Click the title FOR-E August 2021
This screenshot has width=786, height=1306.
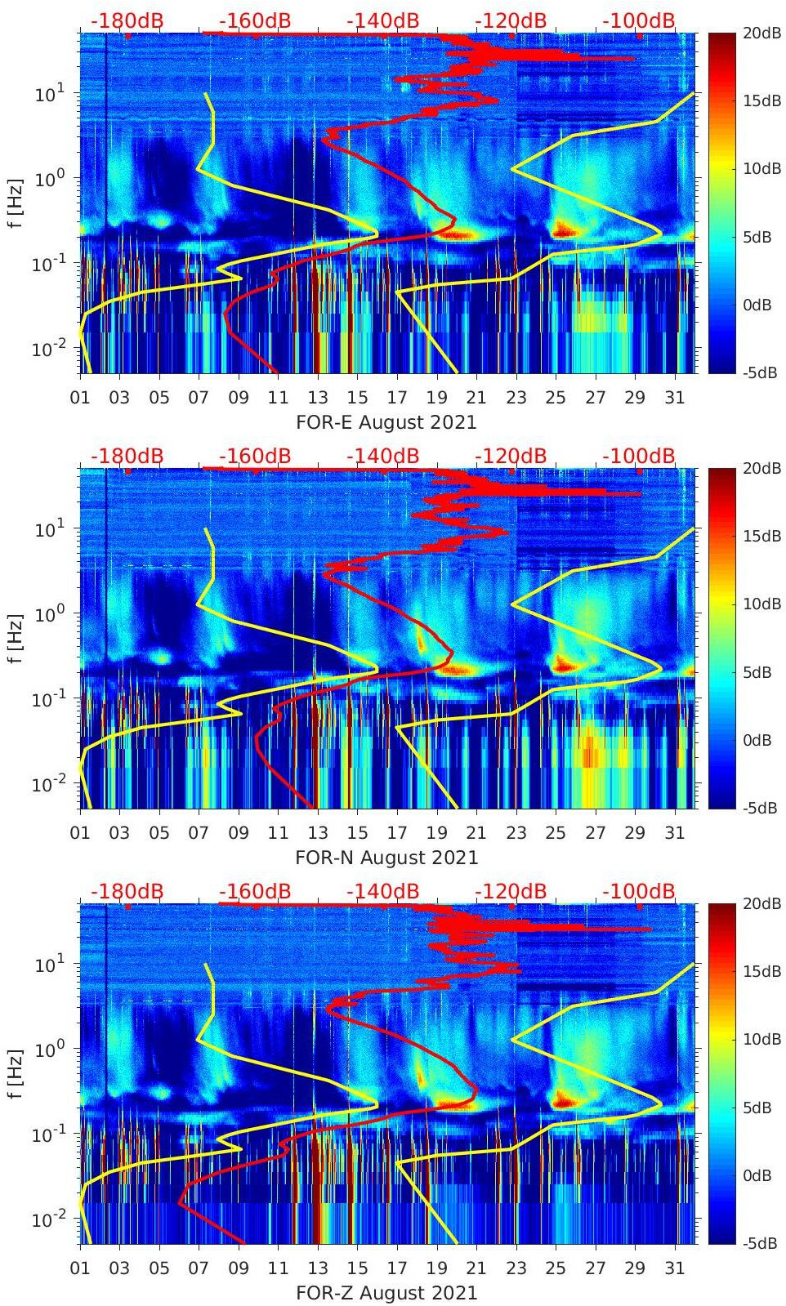[x=386, y=422]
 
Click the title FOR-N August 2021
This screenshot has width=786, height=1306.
[x=386, y=858]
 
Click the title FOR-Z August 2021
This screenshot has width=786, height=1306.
[x=386, y=1293]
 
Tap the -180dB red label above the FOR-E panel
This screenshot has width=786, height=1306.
[x=127, y=20]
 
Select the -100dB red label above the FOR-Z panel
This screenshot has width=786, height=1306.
[x=639, y=891]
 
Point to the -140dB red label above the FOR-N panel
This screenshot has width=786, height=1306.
[x=382, y=456]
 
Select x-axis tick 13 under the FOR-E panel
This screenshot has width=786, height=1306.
[x=318, y=398]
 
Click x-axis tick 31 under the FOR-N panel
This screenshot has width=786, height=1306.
[x=674, y=833]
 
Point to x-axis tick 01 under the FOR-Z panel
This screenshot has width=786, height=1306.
[x=80, y=1268]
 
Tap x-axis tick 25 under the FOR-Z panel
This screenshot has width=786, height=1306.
[x=556, y=1268]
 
